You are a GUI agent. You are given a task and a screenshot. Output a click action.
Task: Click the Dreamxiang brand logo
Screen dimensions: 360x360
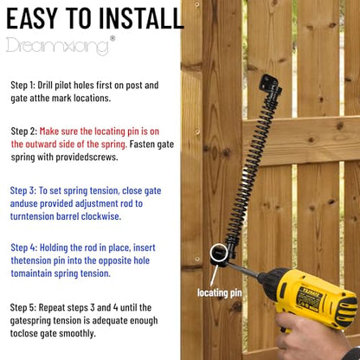(57, 46)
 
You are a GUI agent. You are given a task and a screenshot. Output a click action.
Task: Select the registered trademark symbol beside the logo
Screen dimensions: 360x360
(112, 38)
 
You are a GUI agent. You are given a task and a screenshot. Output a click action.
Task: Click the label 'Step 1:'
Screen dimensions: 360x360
(22, 86)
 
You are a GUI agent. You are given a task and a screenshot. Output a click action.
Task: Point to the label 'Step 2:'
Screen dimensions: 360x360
(24, 132)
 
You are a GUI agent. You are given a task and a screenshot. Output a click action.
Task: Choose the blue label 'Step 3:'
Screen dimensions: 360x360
(23, 191)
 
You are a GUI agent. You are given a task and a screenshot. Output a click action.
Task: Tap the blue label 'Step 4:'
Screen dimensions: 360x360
(24, 247)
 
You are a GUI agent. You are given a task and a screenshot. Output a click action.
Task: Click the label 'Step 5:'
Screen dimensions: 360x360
(23, 307)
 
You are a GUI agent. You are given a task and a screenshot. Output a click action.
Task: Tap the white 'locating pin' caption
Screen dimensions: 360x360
(220, 293)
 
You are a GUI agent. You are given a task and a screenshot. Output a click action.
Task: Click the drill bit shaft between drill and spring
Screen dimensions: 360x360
(242, 270)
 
